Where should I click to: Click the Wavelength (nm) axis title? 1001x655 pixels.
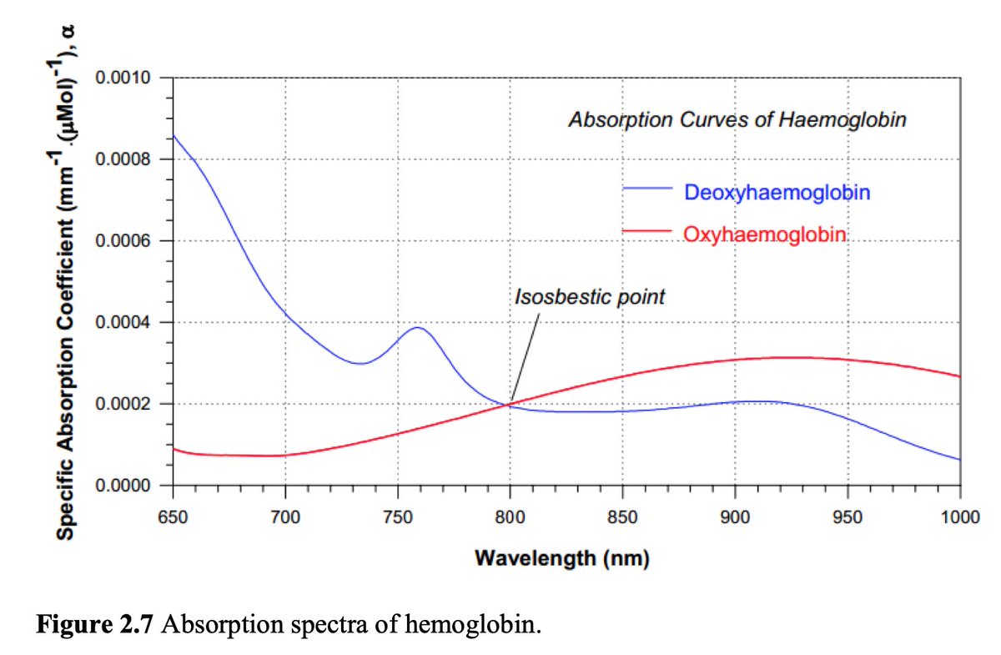561,558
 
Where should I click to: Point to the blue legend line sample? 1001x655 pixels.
647,190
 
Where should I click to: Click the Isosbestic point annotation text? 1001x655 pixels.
590,297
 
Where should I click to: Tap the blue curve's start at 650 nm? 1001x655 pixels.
173,135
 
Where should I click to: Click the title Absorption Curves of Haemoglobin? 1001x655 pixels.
737,119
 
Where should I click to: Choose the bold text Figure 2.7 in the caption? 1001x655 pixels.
94,625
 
